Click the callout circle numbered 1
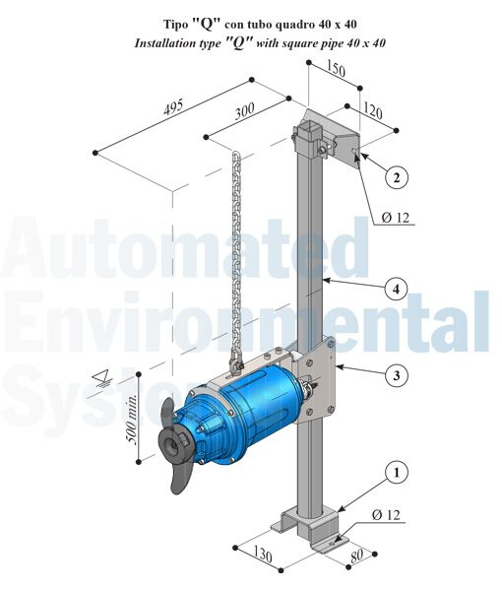pyautogui.click(x=397, y=473)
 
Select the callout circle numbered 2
pyautogui.click(x=395, y=177)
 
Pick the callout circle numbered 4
pyautogui.click(x=395, y=290)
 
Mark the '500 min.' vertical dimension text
pyautogui.click(x=131, y=421)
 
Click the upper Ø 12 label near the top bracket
pyautogui.click(x=394, y=218)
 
